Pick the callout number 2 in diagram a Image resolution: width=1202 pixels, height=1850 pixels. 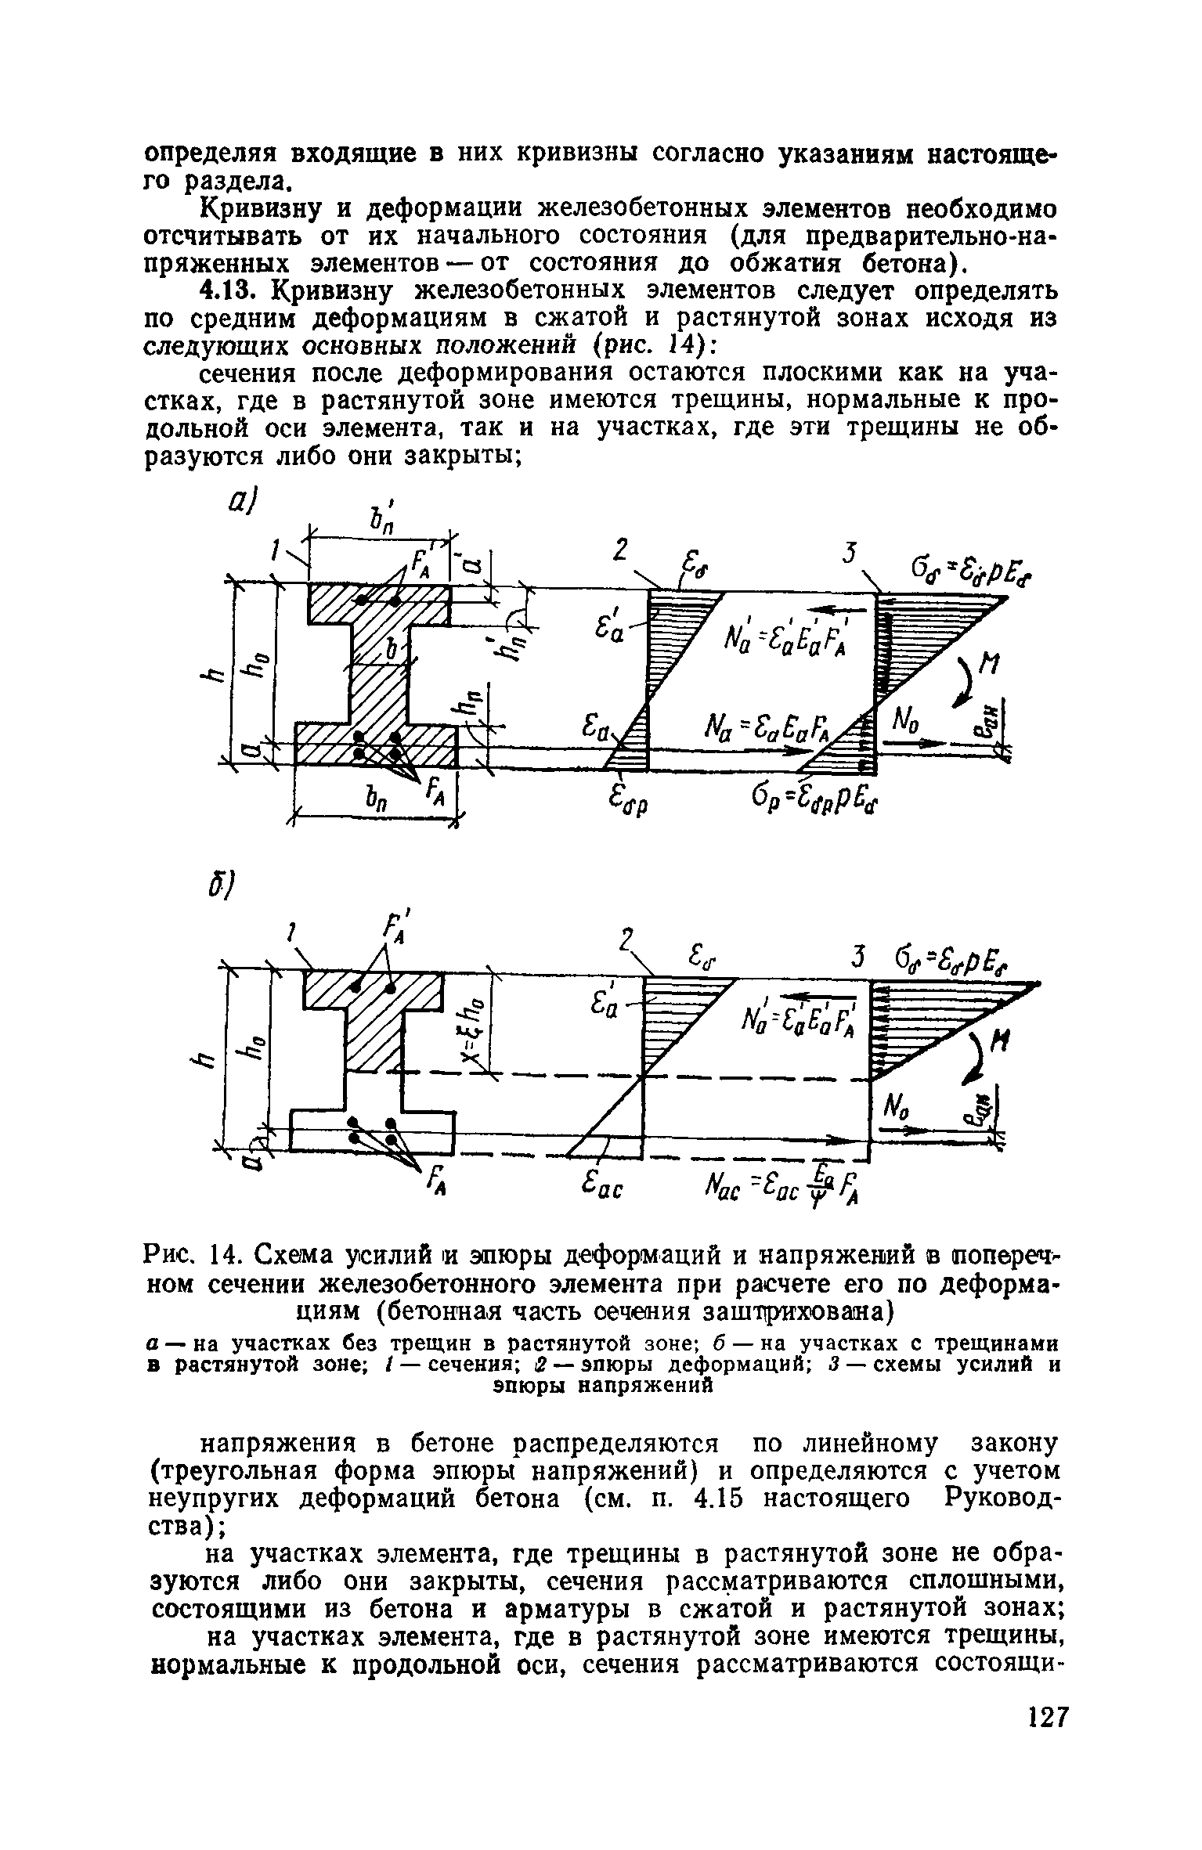pyautogui.click(x=619, y=551)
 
